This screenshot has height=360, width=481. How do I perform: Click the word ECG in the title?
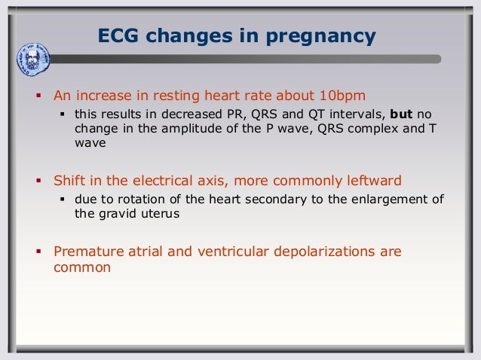119,36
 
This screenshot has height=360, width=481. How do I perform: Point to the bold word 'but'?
402,114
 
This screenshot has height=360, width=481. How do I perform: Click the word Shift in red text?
70,181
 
